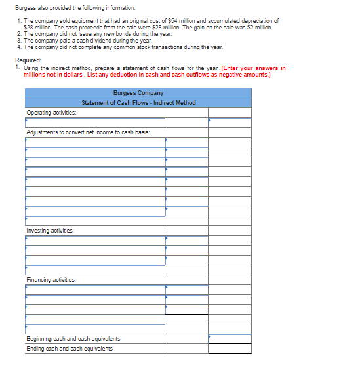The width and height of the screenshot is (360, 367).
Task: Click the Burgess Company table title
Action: click(138, 93)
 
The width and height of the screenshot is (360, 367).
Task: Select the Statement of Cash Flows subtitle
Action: click(138, 103)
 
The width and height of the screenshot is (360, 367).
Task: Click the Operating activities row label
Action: click(51, 113)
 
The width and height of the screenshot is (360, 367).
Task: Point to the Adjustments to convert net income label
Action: click(88, 132)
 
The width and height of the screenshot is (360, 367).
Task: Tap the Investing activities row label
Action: click(50, 231)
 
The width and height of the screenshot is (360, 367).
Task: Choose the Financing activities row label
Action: click(51, 280)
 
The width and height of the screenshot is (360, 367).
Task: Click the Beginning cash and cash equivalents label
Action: click(73, 339)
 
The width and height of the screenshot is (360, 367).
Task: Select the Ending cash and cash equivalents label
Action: click(69, 349)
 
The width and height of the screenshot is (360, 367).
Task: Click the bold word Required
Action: click(28, 60)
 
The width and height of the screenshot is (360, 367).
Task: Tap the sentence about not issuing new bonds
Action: click(97, 34)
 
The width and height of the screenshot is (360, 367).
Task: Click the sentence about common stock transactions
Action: click(123, 47)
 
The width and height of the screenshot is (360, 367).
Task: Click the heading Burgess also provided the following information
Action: click(75, 8)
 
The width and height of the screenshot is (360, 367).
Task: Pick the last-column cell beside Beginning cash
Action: click(230, 339)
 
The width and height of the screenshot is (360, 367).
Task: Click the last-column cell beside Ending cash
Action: click(230, 349)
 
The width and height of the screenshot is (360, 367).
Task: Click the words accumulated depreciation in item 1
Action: click(249, 21)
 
